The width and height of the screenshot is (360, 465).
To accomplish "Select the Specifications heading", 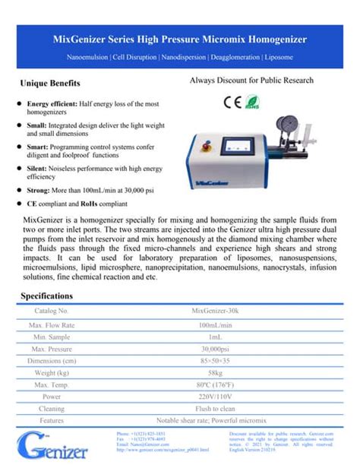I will pos(47,295).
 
